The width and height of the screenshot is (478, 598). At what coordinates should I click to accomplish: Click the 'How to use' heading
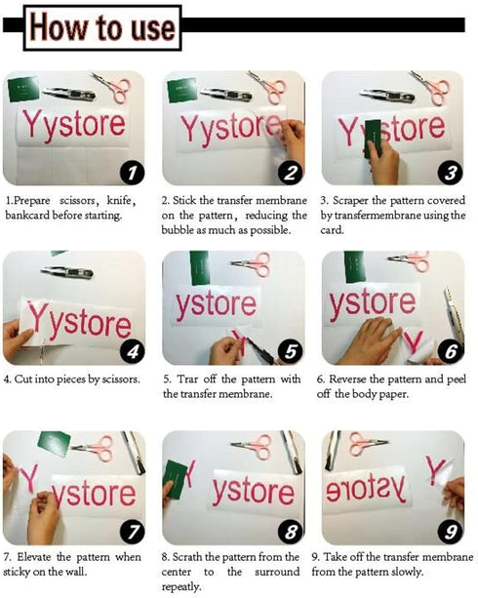click(x=102, y=28)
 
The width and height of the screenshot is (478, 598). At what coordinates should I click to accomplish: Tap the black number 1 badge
click(x=132, y=173)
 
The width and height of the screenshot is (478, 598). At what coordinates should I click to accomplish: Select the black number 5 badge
click(x=291, y=351)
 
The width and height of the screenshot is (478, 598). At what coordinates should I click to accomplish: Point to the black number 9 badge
click(x=450, y=532)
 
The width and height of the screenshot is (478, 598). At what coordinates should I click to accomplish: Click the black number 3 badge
click(x=450, y=173)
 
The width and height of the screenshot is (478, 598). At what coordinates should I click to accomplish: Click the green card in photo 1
click(x=23, y=89)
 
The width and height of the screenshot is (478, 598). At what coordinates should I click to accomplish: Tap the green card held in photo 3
click(x=373, y=139)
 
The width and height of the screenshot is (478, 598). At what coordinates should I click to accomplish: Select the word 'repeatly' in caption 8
click(x=181, y=586)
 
